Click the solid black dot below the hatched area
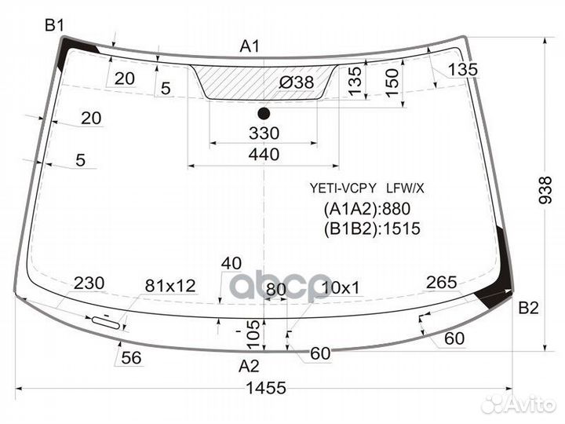click(x=264, y=114)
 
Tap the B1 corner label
click(x=54, y=26)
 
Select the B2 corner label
click(x=528, y=308)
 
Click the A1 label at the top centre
click(x=250, y=46)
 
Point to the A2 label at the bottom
click(x=249, y=367)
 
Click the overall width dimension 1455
click(x=266, y=389)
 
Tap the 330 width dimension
click(x=264, y=133)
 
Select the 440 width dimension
click(x=264, y=155)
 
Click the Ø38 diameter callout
click(x=297, y=82)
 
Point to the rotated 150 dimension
click(x=392, y=82)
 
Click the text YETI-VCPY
click(x=343, y=188)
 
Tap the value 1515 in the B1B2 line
click(x=402, y=228)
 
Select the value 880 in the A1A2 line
click(x=396, y=209)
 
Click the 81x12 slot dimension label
click(x=170, y=286)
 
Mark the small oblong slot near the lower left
click(x=106, y=323)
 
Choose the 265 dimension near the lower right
click(x=441, y=283)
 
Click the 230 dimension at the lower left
click(x=89, y=283)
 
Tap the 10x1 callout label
click(x=341, y=288)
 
